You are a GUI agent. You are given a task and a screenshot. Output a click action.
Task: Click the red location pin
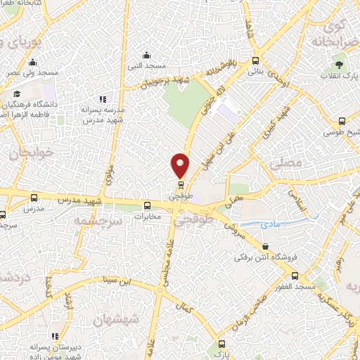pos(181,165)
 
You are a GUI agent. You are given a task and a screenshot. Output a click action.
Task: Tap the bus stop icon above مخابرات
pos(148,206)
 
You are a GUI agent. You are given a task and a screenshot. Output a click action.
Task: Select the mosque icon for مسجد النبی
pos(146,56)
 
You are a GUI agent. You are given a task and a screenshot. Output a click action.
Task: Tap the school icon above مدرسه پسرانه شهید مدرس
pos(103,99)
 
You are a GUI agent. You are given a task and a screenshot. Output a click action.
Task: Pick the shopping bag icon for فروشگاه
pos(264,246)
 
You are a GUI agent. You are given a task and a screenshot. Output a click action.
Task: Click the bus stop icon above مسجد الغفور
pos(295,276)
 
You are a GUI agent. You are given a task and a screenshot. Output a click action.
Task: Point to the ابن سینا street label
pos(114,283)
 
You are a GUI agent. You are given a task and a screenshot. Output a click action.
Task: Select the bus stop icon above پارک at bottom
pos(222,344)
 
